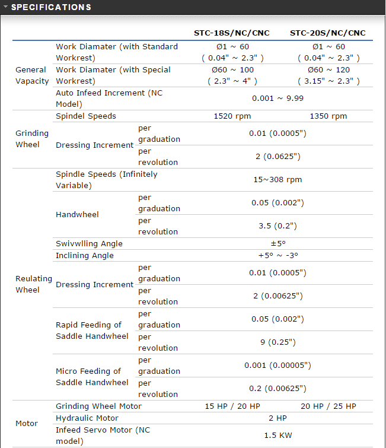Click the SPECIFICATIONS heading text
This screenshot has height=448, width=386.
51,7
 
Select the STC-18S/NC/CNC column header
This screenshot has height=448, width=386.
232,33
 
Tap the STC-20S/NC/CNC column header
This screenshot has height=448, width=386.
328,33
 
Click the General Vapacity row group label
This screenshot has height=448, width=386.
32,75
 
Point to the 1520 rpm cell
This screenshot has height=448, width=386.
232,116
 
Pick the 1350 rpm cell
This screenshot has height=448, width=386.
328,116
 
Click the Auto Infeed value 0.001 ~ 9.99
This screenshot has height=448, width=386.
277,98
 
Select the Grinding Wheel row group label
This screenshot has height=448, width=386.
28,139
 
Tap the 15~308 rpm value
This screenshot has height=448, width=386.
277,179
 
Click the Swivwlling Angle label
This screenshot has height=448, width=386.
89,243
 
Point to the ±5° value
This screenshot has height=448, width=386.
277,243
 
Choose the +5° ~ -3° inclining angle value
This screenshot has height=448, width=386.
277,255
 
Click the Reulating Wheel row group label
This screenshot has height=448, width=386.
34,284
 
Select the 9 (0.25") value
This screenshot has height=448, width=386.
277,342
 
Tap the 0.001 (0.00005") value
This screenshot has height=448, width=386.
277,365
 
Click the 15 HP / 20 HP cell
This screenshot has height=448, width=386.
232,406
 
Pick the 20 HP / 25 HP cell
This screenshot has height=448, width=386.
328,406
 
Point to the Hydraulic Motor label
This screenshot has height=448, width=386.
83,418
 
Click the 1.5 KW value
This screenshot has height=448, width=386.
277,435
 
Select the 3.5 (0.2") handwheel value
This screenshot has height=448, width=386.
277,225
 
